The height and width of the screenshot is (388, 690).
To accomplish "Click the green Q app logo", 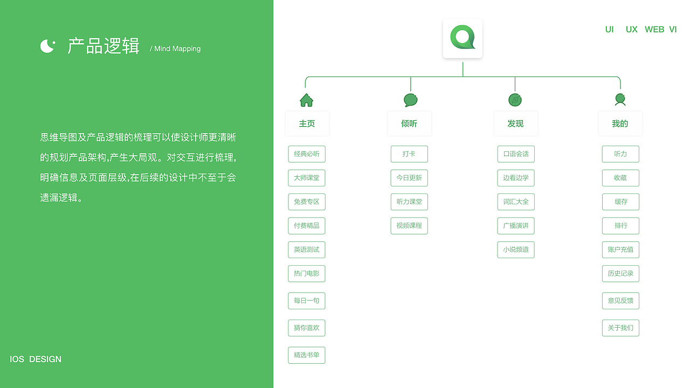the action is click(463, 38).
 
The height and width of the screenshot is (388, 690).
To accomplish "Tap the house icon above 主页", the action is click(307, 100).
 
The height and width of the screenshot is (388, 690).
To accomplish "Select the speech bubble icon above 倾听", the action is click(410, 100).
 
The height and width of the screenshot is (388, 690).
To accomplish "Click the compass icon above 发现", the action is click(515, 100).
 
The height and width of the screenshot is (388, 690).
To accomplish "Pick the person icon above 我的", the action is click(620, 100).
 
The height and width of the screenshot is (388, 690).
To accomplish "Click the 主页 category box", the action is click(307, 123).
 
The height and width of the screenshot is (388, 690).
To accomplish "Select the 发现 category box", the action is click(516, 123).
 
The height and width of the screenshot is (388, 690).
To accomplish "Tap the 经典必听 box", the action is click(307, 154).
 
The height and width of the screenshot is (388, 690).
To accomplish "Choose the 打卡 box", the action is click(409, 154).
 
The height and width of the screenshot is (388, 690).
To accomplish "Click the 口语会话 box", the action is click(516, 154).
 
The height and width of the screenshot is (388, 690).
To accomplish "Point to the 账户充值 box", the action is click(620, 250).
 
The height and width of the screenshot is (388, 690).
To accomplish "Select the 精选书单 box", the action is click(307, 355).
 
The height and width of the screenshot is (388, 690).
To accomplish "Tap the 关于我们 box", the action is click(620, 328).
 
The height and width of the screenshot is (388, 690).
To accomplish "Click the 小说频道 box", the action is click(516, 250).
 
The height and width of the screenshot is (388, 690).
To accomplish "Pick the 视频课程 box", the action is click(409, 226).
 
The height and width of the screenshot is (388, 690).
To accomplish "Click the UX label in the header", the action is click(631, 30).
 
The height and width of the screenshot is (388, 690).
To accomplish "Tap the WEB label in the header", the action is click(654, 30).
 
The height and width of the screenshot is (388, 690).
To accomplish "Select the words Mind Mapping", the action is click(177, 48).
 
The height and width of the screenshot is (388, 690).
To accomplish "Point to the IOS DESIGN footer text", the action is click(36, 359).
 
